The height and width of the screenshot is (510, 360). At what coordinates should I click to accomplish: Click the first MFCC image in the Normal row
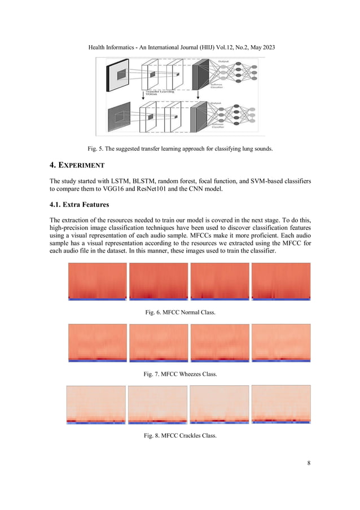click(x=96, y=283)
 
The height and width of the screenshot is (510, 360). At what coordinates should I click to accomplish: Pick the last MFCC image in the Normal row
click(x=280, y=283)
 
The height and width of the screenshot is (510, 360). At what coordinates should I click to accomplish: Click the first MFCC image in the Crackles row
click(x=95, y=404)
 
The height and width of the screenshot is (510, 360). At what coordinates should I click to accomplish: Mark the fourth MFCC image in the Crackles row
click(x=280, y=404)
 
